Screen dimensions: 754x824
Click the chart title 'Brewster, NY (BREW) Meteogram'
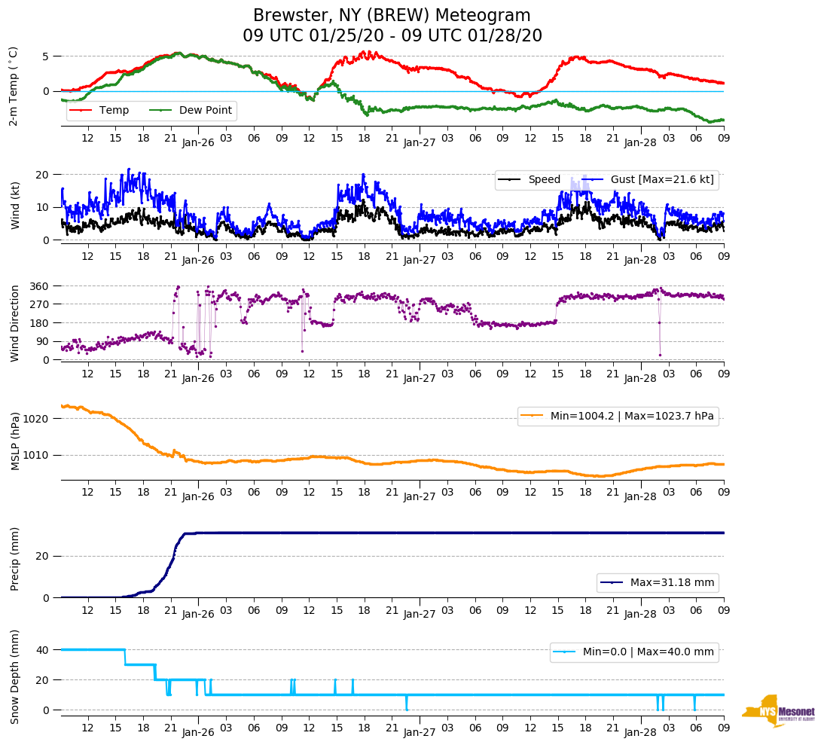point(392,16)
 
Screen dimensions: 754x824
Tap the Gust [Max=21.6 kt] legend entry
point(648,180)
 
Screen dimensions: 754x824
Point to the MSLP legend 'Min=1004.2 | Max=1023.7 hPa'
point(618,417)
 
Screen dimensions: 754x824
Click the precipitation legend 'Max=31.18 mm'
point(657,583)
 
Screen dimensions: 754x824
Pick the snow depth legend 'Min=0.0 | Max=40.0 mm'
point(634,652)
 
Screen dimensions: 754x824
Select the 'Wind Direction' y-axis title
point(14,323)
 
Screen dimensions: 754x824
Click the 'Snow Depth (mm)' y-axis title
point(14,676)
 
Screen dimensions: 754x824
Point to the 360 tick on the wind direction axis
point(40,286)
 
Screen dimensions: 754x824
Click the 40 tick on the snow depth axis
point(44,650)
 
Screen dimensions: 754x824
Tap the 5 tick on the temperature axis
point(46,56)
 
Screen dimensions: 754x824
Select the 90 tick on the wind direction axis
point(43,342)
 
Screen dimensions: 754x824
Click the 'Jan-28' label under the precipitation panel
point(641,615)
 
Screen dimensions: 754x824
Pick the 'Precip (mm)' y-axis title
point(14,562)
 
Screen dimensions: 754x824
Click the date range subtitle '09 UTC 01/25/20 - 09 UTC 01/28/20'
point(392,36)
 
